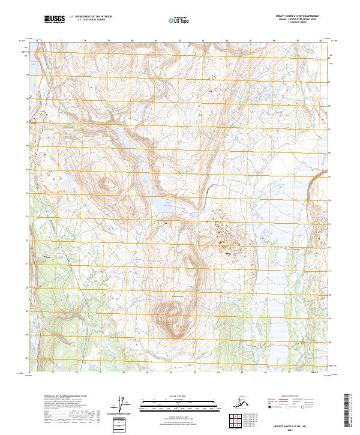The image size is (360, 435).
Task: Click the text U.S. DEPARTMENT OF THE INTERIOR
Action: pyautogui.click(x=90, y=16)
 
